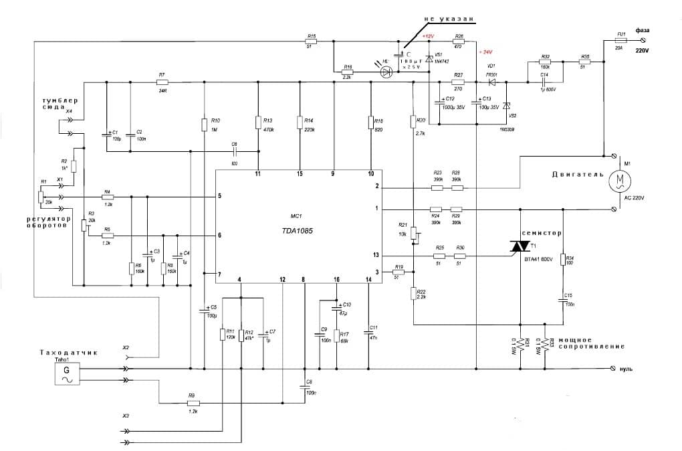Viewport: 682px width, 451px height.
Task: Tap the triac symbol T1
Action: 520,247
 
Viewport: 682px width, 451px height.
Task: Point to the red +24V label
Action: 484,52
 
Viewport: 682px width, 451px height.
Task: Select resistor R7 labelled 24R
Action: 162,82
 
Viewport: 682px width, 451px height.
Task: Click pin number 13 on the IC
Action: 377,255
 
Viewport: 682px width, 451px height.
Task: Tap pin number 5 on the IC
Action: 219,197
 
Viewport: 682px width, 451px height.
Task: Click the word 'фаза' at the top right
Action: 643,30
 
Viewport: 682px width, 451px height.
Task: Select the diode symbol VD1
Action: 492,82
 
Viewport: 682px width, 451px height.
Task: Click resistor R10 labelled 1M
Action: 205,124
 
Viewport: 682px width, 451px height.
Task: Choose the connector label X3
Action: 125,416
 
